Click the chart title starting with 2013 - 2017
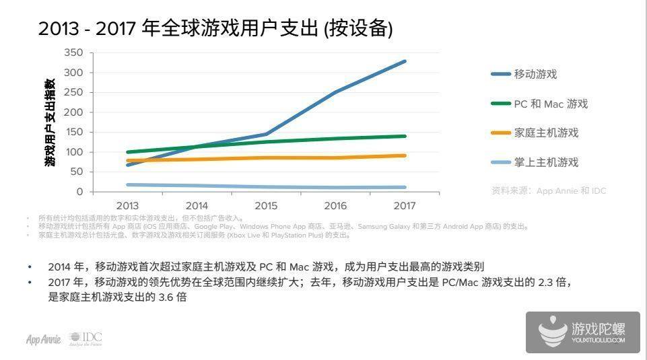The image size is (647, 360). pyautogui.click(x=215, y=28)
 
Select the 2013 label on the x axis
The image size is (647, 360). pyautogui.click(x=127, y=205)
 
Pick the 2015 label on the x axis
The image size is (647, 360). pyautogui.click(x=266, y=205)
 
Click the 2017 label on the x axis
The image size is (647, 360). pyautogui.click(x=405, y=205)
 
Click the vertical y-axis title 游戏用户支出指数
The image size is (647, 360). pyautogui.click(x=50, y=122)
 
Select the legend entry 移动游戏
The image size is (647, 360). pyautogui.click(x=535, y=74)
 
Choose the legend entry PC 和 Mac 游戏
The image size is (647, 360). pyautogui.click(x=551, y=104)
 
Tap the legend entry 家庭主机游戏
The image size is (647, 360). pyautogui.click(x=546, y=133)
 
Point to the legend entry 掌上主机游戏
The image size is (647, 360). pyautogui.click(x=546, y=162)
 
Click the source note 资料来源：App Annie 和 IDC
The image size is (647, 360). pyautogui.click(x=549, y=190)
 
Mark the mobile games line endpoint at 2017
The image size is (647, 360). pyautogui.click(x=405, y=61)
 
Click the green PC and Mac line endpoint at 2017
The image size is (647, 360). pyautogui.click(x=405, y=136)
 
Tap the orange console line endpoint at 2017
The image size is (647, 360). pyautogui.click(x=405, y=155)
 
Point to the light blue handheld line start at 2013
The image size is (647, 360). pyautogui.click(x=127, y=184)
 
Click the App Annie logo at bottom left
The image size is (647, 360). pyautogui.click(x=44, y=339)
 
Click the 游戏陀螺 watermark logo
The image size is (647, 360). pyautogui.click(x=582, y=332)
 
